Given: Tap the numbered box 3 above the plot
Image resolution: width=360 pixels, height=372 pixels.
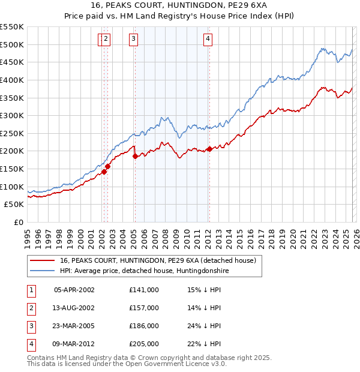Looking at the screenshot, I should (133, 40).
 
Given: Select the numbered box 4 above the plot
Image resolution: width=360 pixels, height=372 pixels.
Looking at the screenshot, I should (208, 40).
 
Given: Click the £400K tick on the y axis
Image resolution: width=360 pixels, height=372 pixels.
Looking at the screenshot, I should (12, 80).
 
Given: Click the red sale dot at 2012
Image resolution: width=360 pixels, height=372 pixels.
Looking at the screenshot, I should (209, 149).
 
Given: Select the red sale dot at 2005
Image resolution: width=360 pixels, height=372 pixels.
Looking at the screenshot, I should (135, 156).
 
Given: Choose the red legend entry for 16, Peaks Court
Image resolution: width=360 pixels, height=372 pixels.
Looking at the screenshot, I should (158, 260).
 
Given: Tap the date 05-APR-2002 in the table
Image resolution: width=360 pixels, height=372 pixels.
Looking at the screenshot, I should (74, 290).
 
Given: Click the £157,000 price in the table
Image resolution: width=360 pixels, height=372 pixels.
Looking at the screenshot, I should (144, 308).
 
